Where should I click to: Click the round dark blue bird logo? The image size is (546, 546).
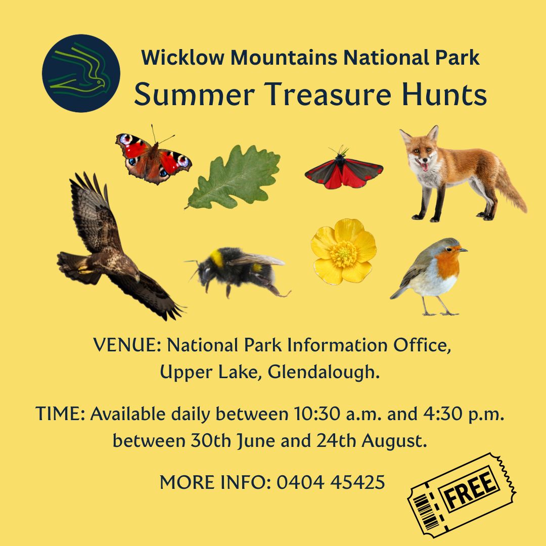pyautogui.click(x=81, y=73)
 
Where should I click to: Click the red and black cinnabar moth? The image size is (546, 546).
pyautogui.click(x=344, y=171)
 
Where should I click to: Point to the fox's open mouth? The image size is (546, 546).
pyautogui.click(x=424, y=165)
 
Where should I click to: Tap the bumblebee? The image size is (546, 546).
pyautogui.click(x=238, y=270)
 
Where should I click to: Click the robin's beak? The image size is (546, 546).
pyautogui.click(x=463, y=250)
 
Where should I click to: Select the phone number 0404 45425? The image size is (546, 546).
pyautogui.click(x=331, y=482)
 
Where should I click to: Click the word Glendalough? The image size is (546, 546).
pyautogui.click(x=324, y=372)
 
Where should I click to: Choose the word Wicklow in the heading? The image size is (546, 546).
pyautogui.click(x=183, y=58)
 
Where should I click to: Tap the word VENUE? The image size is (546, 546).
pyautogui.click(x=127, y=345)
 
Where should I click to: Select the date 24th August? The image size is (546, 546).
pyautogui.click(x=372, y=441)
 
